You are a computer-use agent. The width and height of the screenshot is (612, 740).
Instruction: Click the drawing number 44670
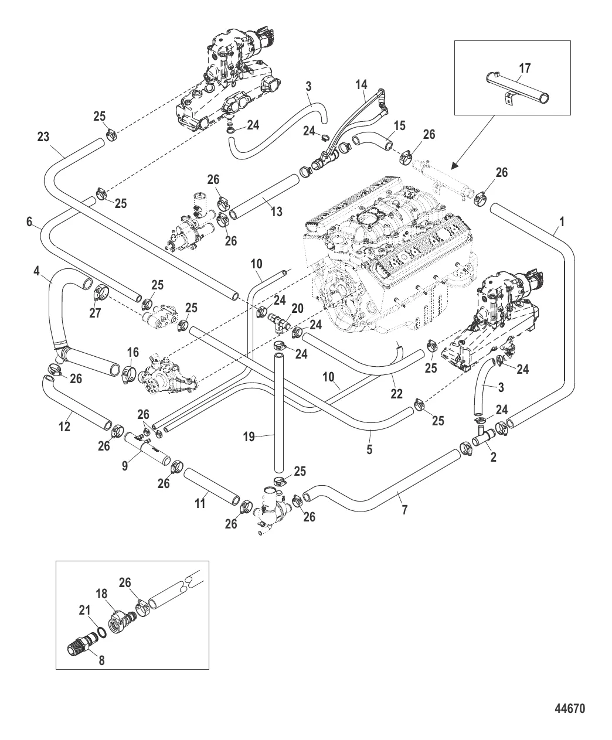click(570, 708)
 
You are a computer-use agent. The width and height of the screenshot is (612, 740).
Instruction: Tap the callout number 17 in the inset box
click(525, 69)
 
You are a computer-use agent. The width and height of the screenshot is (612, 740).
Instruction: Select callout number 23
click(43, 137)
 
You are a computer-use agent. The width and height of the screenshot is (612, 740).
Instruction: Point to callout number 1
click(562, 222)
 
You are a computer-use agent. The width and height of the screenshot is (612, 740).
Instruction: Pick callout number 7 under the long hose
click(403, 510)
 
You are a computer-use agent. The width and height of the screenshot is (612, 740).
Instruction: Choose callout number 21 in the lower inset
click(85, 611)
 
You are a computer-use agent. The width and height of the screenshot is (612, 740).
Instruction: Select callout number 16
click(132, 352)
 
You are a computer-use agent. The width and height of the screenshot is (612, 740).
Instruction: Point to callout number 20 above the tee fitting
click(297, 308)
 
